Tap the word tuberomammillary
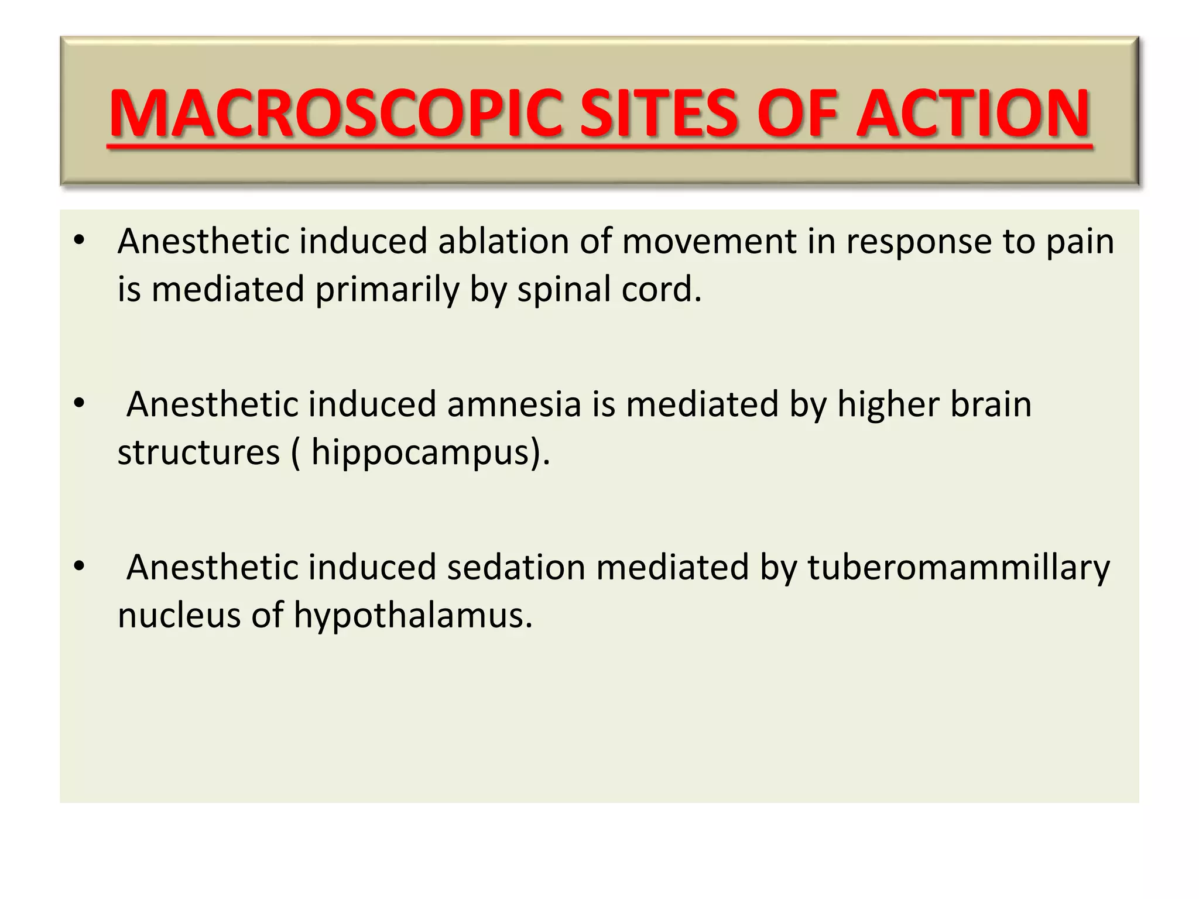958,568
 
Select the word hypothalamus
413,616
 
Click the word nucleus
179,616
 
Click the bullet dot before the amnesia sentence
80,403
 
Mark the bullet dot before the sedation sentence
80,567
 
